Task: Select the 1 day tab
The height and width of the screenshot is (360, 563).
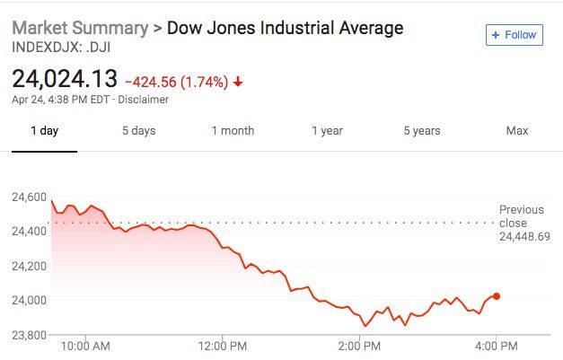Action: (x=44, y=131)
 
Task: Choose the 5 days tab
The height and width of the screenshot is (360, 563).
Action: (x=138, y=131)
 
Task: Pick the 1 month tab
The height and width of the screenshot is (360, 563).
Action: (x=233, y=131)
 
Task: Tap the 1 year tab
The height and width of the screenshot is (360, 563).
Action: (x=327, y=131)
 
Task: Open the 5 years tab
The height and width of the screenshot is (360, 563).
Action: (x=421, y=131)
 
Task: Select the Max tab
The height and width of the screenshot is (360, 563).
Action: (x=517, y=131)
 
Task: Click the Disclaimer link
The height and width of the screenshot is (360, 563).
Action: (x=144, y=100)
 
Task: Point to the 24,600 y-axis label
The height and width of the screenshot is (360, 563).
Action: (x=29, y=197)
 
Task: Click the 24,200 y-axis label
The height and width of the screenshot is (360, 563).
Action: (x=29, y=266)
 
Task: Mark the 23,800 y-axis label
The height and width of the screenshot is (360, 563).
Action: (x=29, y=335)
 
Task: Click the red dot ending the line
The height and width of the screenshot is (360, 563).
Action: (x=497, y=296)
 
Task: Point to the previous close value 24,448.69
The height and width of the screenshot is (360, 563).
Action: (x=524, y=237)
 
